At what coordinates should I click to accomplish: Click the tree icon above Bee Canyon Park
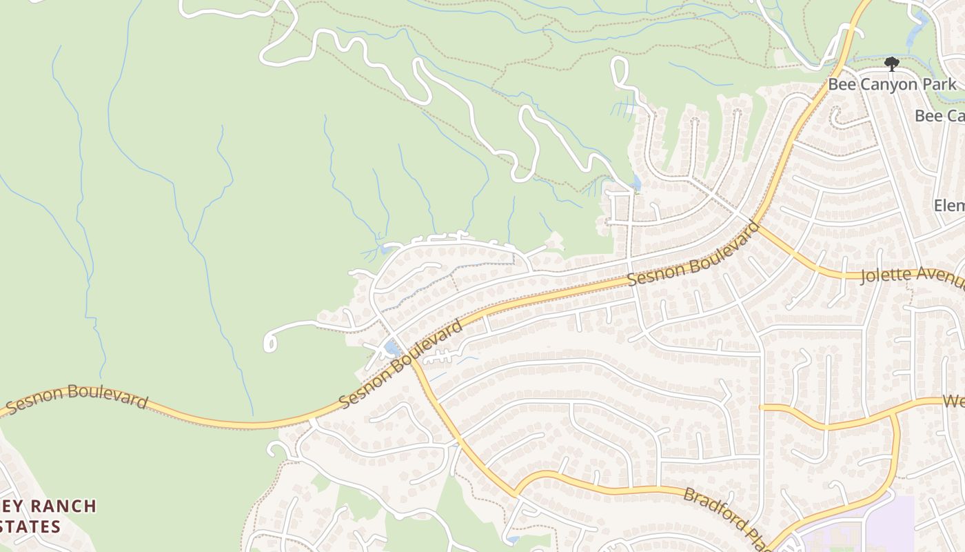(892, 64)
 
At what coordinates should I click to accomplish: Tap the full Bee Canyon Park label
(892, 85)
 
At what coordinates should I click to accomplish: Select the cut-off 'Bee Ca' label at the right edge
(939, 116)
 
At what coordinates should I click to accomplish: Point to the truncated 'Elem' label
(949, 206)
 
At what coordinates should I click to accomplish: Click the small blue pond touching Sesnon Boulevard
(392, 348)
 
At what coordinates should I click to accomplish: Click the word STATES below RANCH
(31, 527)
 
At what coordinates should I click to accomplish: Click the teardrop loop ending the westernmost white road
(270, 341)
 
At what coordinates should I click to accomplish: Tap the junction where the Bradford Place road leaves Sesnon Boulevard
(412, 359)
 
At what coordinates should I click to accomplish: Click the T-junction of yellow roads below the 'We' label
(895, 417)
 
